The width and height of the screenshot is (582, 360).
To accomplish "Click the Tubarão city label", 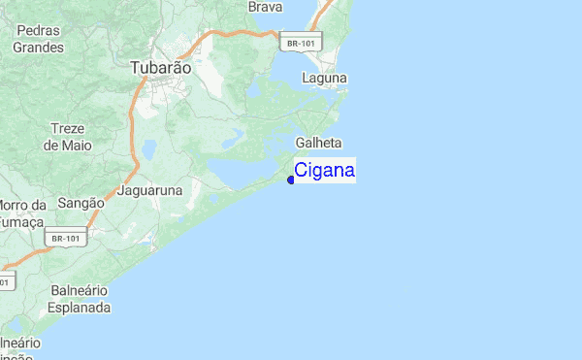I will click(x=161, y=69).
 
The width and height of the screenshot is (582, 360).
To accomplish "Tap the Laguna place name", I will click(x=324, y=78).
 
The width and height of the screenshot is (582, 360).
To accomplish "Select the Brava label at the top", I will click(x=265, y=7).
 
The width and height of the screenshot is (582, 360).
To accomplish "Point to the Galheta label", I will click(x=324, y=143).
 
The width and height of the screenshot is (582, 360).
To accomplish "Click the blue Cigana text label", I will click(x=325, y=172).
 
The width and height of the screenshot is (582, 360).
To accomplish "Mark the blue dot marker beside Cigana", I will click(x=291, y=180).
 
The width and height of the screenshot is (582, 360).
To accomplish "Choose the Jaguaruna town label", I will click(x=150, y=191).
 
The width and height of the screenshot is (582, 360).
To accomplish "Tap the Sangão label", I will click(x=81, y=203).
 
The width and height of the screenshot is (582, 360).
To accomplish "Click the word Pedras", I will click(x=38, y=31).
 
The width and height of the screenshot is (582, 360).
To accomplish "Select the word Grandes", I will click(x=39, y=47).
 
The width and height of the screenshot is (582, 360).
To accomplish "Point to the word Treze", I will click(x=68, y=129).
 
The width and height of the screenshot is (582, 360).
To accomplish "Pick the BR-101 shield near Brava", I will click(x=299, y=42).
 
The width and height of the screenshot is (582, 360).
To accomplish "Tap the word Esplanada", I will click(x=80, y=308).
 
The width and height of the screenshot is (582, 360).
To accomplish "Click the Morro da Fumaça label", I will click(x=21, y=213).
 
